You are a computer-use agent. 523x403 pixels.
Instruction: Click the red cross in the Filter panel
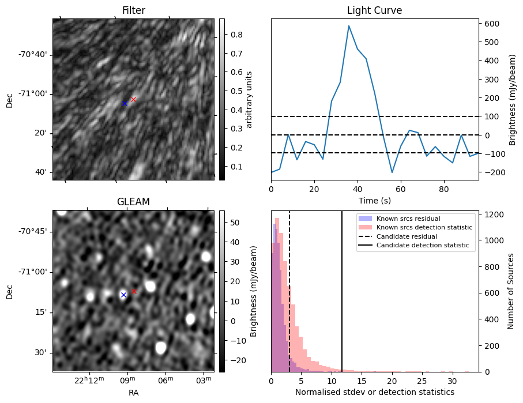[133, 99]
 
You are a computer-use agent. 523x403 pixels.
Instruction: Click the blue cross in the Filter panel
[125, 103]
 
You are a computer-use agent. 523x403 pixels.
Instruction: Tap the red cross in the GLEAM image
[134, 291]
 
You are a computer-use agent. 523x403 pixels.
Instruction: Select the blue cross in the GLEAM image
[123, 295]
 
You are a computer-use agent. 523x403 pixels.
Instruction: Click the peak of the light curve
[349, 26]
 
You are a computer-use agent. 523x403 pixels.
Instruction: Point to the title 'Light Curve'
[374, 10]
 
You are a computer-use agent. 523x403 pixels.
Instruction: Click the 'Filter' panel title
[133, 10]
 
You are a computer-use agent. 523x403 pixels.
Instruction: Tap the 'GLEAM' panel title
[133, 201]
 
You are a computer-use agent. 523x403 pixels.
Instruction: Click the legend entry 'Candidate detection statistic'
[422, 246]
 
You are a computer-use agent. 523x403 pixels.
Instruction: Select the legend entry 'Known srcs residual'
[408, 219]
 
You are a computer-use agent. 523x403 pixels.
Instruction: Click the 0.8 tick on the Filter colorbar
[234, 35]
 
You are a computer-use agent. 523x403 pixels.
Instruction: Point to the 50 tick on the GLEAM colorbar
[234, 223]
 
